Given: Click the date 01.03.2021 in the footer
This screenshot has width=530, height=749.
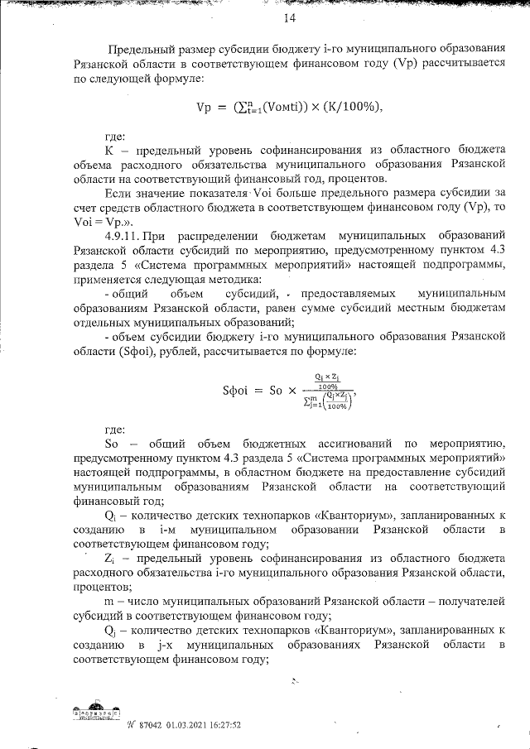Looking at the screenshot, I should (x=186, y=723).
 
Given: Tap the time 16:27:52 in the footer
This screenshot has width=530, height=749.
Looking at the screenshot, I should (x=226, y=723).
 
